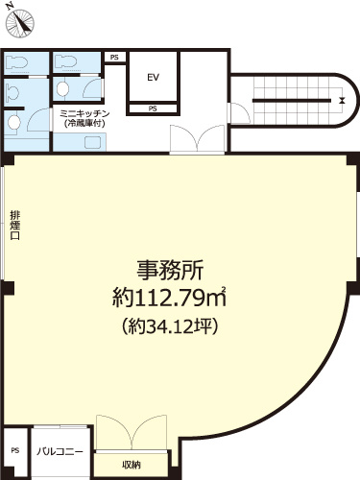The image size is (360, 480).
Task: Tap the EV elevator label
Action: [152, 77]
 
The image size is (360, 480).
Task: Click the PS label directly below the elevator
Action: [153, 108]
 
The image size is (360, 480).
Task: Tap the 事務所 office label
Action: [167, 269]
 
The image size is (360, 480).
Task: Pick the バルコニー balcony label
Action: [60, 451]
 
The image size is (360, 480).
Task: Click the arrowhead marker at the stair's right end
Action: [341, 98]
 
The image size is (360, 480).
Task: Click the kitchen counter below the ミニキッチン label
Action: [93, 142]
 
